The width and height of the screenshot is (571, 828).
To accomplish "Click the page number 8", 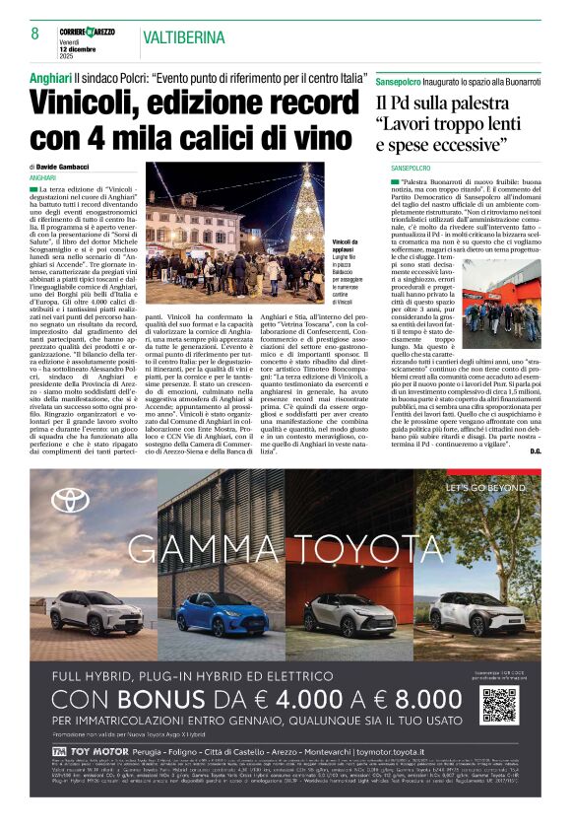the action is tap(34, 33).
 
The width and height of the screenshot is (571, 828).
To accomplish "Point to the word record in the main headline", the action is tap(303, 103).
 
